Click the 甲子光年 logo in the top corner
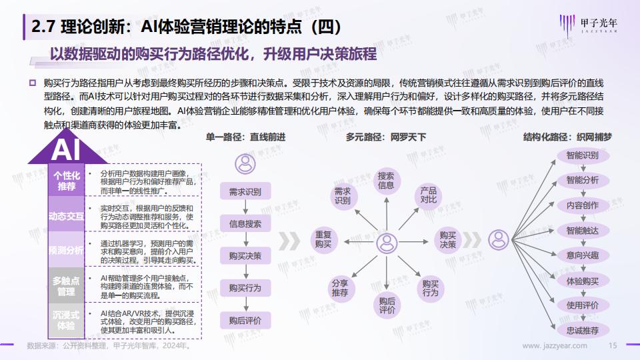click(588, 25)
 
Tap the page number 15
click(613, 346)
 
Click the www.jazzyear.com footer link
click(555, 346)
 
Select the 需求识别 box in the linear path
click(245, 191)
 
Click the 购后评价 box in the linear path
click(245, 321)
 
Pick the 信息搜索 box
click(245, 224)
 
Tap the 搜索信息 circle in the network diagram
click(386, 181)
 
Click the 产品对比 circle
click(429, 195)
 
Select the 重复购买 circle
click(323, 239)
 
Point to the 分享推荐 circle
click(341, 288)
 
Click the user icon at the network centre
click(387, 243)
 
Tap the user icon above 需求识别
click(245, 164)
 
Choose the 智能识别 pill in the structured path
click(583, 155)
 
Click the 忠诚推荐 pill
click(583, 330)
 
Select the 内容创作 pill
click(583, 205)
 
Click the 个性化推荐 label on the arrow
click(67, 181)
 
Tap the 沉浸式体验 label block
click(67, 321)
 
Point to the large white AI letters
click(66, 150)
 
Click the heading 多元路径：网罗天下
click(386, 137)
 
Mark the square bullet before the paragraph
click(33, 83)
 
